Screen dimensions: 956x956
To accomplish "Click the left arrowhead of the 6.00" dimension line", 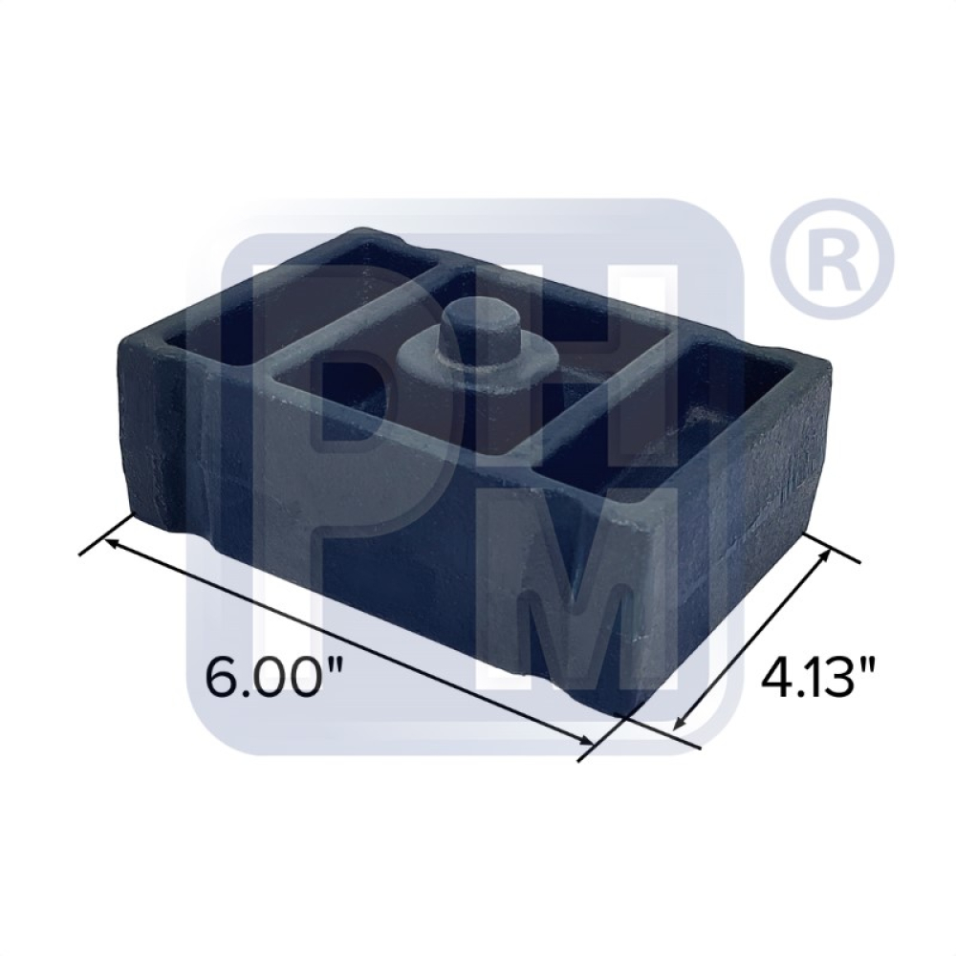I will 116,543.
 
